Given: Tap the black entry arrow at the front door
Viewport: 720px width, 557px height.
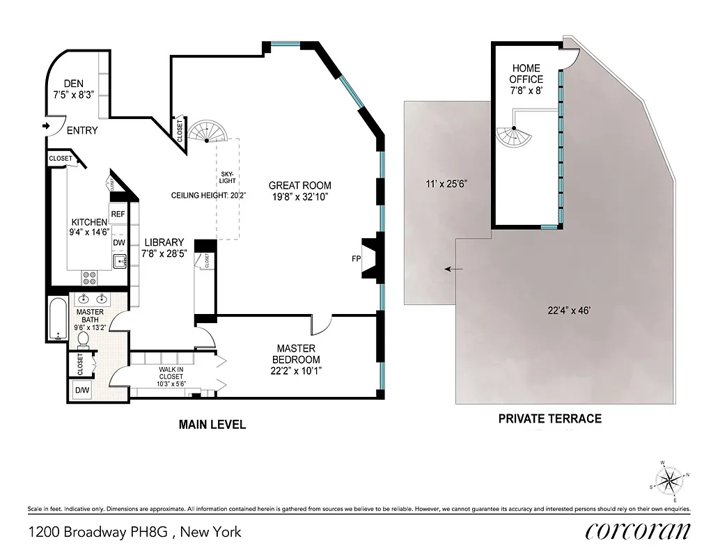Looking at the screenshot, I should [x=47, y=125].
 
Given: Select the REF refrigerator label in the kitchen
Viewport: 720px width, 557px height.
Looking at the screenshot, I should [x=118, y=214].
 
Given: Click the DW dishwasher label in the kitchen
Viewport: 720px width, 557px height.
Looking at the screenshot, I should [x=118, y=243].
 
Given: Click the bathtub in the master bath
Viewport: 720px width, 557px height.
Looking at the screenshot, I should [x=56, y=318].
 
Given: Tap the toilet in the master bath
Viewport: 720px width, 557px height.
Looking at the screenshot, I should [x=82, y=338].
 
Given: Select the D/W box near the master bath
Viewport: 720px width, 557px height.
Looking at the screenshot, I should [x=82, y=390].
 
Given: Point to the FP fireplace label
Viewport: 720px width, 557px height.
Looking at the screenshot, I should [x=357, y=258].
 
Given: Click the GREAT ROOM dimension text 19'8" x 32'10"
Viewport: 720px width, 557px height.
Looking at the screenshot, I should [x=299, y=197].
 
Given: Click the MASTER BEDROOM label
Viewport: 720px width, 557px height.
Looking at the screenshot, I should [x=296, y=354].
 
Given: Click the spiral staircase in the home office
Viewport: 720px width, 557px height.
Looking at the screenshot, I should [x=515, y=135].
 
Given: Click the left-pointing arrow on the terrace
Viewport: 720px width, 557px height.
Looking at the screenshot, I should [x=454, y=269].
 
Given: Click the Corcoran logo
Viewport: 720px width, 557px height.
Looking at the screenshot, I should [x=637, y=531].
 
